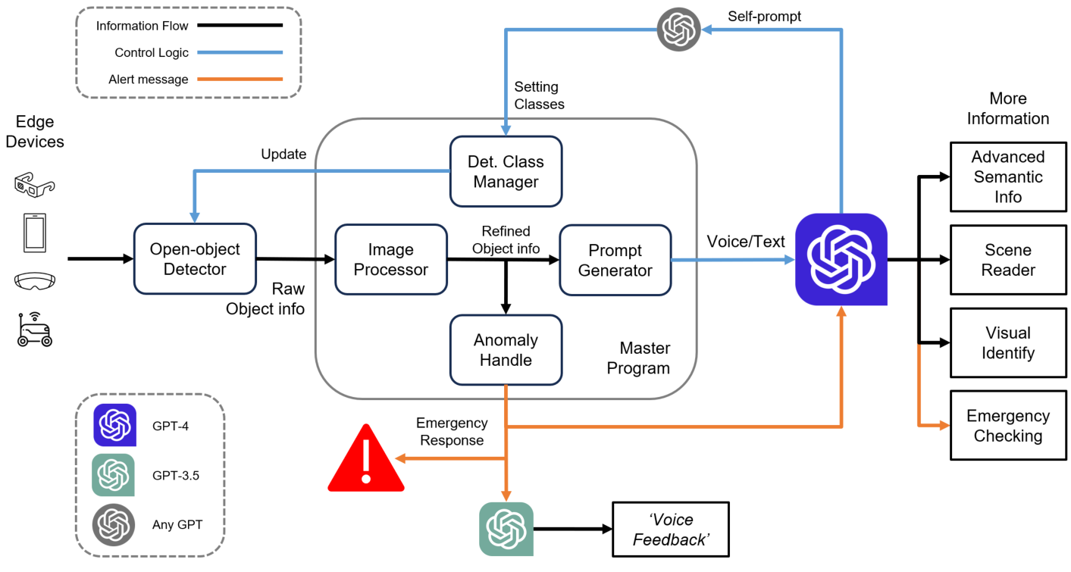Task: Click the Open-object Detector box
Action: click(x=195, y=259)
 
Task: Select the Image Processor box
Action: click(x=390, y=259)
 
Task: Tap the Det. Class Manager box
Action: click(x=506, y=172)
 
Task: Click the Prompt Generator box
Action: click(x=615, y=260)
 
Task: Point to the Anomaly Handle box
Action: click(x=506, y=350)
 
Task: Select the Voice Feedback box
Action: click(x=670, y=530)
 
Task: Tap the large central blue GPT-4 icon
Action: click(x=841, y=259)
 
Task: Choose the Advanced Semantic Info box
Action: click(x=1007, y=177)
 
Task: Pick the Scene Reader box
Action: click(x=1007, y=260)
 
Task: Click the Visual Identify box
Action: click(x=1007, y=342)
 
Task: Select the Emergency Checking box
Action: click(x=1007, y=426)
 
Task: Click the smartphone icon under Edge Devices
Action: click(x=35, y=233)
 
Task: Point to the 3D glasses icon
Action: click(x=35, y=185)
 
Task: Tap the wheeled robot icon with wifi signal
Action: click(x=35, y=330)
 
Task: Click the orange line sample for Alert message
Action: click(x=240, y=79)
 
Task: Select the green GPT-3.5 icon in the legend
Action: click(x=113, y=475)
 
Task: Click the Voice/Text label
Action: click(x=746, y=242)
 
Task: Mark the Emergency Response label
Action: click(x=452, y=432)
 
